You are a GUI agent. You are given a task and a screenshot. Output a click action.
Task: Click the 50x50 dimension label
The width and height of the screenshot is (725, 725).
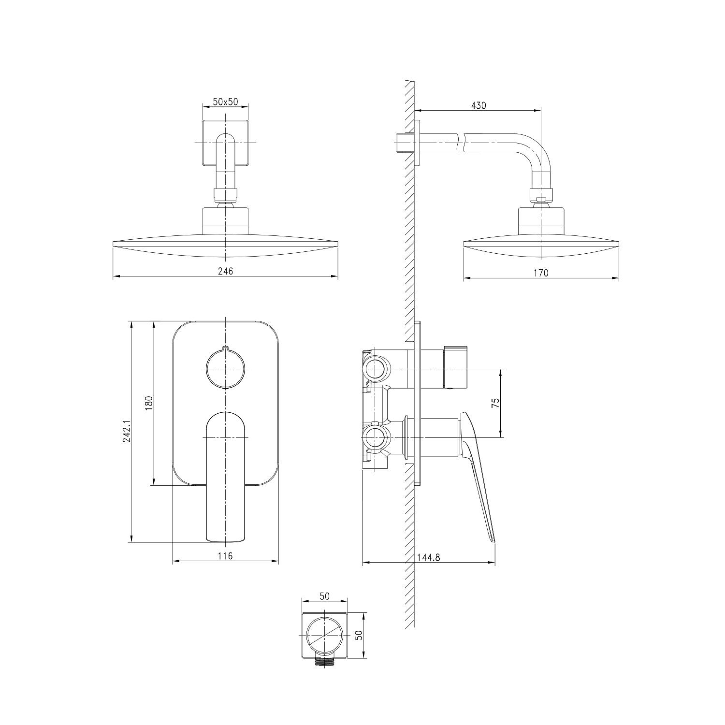pyautogui.click(x=226, y=101)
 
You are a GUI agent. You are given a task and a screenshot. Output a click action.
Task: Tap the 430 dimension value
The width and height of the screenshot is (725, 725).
pyautogui.click(x=478, y=105)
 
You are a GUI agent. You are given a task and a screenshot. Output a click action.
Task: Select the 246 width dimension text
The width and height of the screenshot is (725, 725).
pyautogui.click(x=225, y=271)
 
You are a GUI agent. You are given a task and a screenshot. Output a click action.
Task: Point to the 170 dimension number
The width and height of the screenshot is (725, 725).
pyautogui.click(x=541, y=273)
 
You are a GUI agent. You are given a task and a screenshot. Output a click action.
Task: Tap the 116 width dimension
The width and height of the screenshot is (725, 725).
pyautogui.click(x=225, y=556)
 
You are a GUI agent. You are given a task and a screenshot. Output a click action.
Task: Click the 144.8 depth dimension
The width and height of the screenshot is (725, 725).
pyautogui.click(x=429, y=557)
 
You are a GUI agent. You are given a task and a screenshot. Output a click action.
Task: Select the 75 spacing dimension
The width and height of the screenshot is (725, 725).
pyautogui.click(x=495, y=404)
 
